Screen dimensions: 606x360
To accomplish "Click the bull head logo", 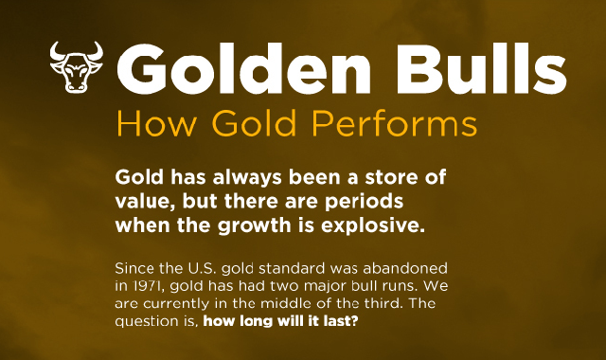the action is click(x=77, y=67).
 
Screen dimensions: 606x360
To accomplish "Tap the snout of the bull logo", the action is click(x=76, y=86).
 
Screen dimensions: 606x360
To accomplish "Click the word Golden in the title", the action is click(x=244, y=69).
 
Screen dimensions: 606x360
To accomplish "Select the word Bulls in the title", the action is click(x=482, y=68).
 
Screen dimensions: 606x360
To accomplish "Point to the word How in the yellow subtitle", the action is click(x=156, y=123).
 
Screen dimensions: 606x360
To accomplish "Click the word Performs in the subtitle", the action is click(x=395, y=123).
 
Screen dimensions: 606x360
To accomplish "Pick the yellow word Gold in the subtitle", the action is click(x=254, y=123).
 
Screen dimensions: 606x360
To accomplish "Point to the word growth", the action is click(x=254, y=226).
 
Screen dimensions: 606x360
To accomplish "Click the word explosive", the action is click(x=373, y=225).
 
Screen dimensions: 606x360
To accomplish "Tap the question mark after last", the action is click(x=355, y=321).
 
